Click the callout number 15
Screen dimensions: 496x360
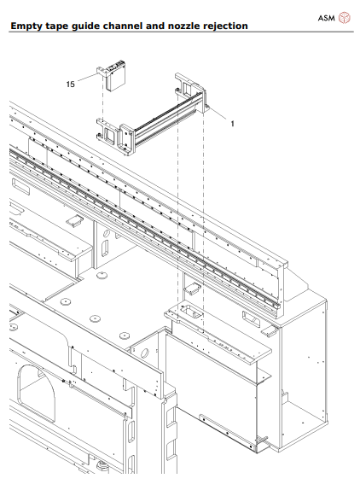coord(71,85)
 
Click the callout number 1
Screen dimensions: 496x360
coord(231,123)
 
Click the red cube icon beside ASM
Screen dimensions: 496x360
coord(344,17)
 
